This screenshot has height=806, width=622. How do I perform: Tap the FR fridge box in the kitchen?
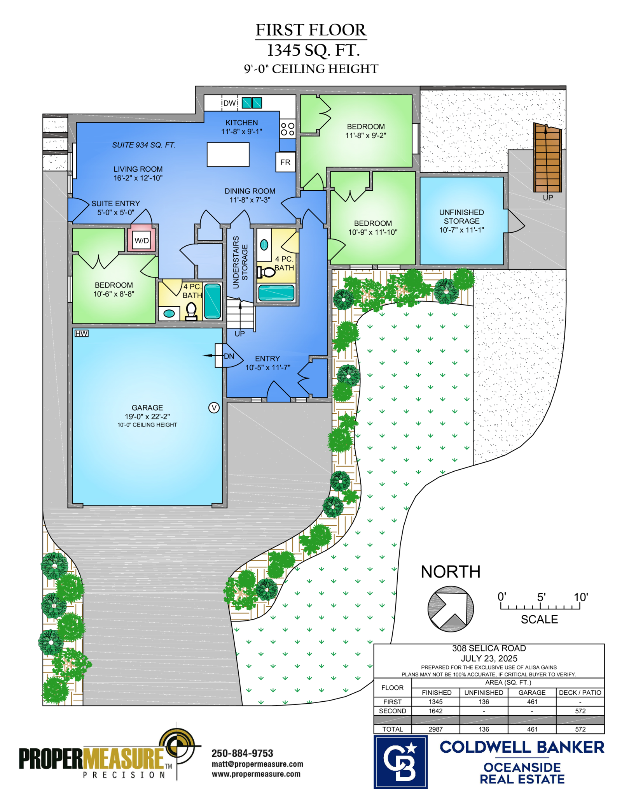point(285,162)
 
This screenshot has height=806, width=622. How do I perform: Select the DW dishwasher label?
point(230,103)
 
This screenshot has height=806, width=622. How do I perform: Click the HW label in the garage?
point(82,334)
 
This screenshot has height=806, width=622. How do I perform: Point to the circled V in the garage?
point(214,407)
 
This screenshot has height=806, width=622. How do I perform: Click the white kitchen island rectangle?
point(228,155)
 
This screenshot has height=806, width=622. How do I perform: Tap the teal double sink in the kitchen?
point(252,103)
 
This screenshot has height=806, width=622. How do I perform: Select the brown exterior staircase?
point(547,158)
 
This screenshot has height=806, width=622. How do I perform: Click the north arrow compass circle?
point(451,609)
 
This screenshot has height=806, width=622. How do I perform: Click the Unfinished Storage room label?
point(461,221)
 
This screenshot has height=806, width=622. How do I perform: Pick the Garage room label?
point(147,407)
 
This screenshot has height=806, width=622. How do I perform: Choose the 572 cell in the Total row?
point(580,729)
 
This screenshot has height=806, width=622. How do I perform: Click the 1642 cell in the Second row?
point(435,711)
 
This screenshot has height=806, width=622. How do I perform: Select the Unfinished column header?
point(484,693)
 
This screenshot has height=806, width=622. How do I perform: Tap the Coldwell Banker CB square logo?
point(400,762)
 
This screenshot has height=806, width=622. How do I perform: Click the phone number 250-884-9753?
point(242,753)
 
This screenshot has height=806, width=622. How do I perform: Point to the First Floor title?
point(311,30)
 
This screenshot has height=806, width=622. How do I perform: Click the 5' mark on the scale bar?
point(541,597)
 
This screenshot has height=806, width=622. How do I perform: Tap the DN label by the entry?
point(229,356)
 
